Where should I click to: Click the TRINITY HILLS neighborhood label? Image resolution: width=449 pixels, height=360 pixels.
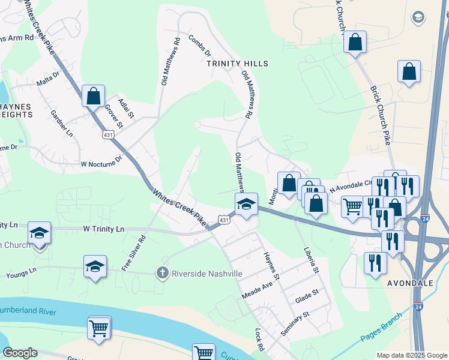pyautogui.click(x=237, y=64)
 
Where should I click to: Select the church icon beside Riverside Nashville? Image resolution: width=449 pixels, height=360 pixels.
pyautogui.click(x=161, y=274)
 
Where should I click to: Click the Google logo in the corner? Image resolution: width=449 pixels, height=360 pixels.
pyautogui.click(x=20, y=353)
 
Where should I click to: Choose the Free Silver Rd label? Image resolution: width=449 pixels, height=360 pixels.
pyautogui.click(x=133, y=253)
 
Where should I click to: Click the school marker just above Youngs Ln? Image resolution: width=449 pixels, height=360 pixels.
pyautogui.click(x=95, y=266)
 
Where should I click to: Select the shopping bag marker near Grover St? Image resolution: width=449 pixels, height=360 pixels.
pyautogui.click(x=94, y=95)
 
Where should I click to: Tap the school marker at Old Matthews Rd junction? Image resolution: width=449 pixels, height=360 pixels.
pyautogui.click(x=246, y=204)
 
